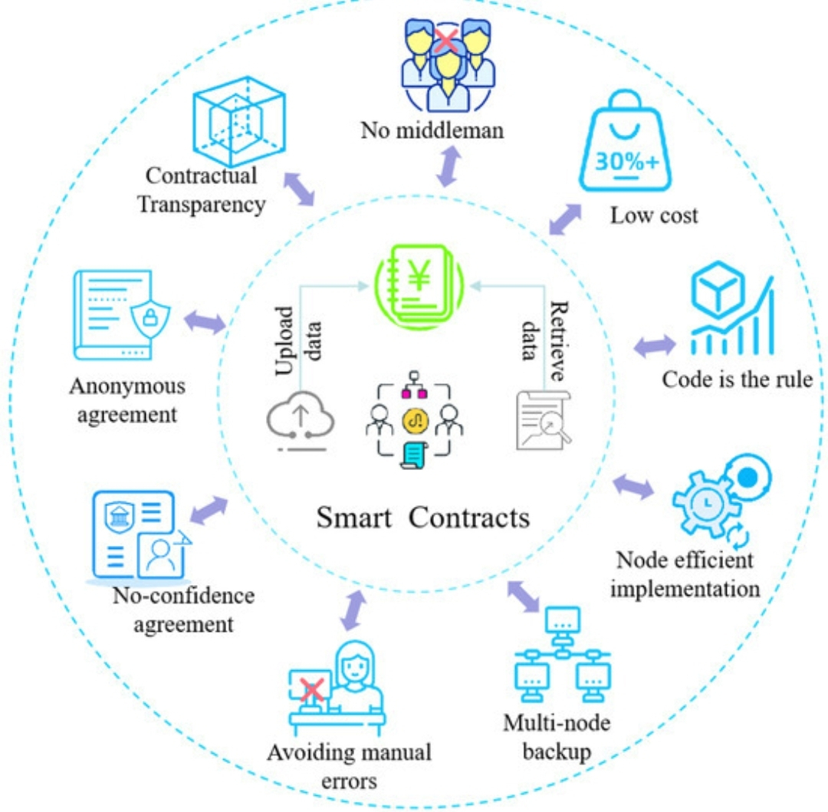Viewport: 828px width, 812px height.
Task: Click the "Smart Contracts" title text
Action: click(x=422, y=518)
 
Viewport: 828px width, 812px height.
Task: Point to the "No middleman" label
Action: click(x=432, y=130)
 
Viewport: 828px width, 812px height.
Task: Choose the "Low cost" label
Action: click(x=653, y=215)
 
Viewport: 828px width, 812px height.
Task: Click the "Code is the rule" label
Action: click(x=737, y=380)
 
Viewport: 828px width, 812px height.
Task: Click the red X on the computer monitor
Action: click(x=311, y=689)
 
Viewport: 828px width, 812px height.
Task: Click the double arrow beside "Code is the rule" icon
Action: click(x=654, y=346)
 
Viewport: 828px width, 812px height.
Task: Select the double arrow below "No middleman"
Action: click(x=449, y=165)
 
